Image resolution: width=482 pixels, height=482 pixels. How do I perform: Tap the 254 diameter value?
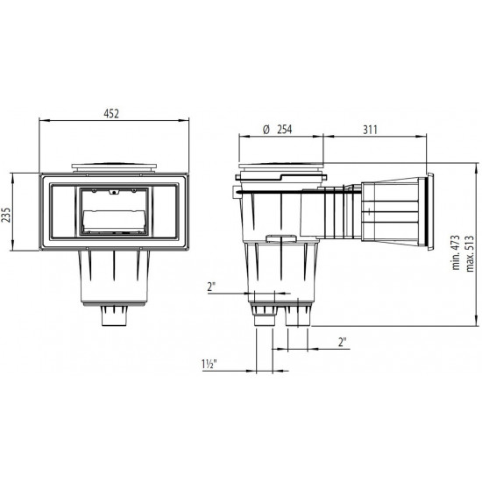[x=280, y=129]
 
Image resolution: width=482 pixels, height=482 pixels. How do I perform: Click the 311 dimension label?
[x=372, y=129]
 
